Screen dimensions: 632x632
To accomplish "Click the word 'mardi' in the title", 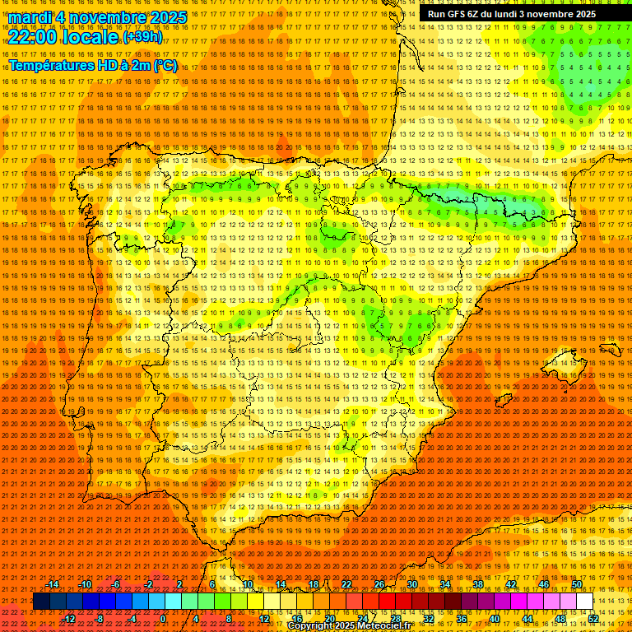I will [30, 17].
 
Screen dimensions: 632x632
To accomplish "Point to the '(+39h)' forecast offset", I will [142, 37].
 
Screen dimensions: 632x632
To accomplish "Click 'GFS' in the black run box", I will [462, 14].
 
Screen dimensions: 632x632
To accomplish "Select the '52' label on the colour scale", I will [593, 619].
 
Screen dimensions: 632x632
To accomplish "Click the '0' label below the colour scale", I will [163, 619].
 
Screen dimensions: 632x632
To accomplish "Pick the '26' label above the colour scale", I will [379, 585].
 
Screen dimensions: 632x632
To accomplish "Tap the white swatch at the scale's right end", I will [584, 602].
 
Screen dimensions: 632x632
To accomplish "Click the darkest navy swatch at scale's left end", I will [40, 602].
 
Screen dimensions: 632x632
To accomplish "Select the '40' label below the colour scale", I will [494, 619].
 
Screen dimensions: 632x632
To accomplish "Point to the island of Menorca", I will [610, 348].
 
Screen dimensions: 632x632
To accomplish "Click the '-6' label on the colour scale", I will [116, 585].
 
